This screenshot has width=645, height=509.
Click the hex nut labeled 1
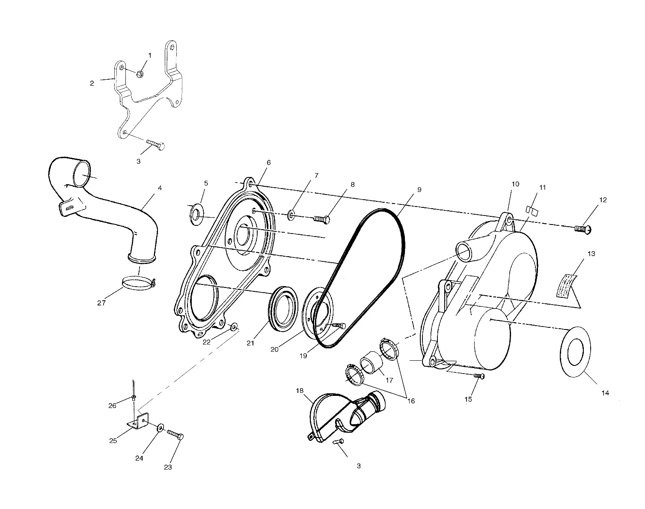pyautogui.click(x=140, y=74)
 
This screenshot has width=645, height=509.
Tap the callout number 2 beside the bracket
pyautogui.click(x=92, y=84)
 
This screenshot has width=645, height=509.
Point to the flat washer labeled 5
pyautogui.click(x=196, y=215)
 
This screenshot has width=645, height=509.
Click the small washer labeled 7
pyautogui.click(x=291, y=215)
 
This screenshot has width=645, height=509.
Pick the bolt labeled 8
pyautogui.click(x=321, y=219)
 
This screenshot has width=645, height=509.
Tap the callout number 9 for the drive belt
pyautogui.click(x=419, y=190)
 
